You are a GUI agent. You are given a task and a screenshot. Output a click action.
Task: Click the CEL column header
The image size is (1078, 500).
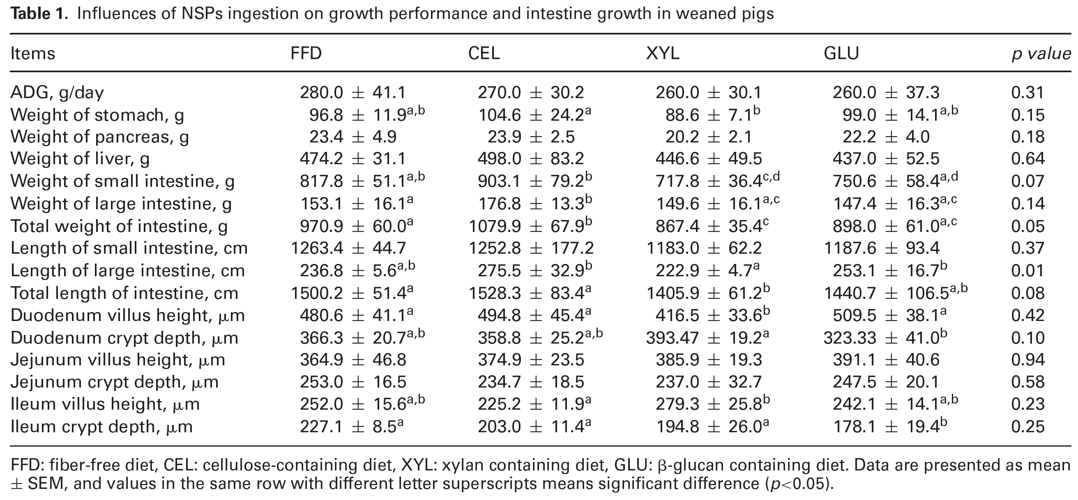point(484,53)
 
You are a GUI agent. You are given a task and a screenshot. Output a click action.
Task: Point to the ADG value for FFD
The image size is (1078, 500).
point(352,92)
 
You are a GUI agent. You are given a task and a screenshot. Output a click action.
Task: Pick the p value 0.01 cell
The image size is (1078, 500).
point(1027,271)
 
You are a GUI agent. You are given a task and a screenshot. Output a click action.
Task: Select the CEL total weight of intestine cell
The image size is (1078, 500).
point(530,226)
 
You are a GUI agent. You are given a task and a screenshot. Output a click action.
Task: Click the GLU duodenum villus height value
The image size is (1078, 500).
point(889,315)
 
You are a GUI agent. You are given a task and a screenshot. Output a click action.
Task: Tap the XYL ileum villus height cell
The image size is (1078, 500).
point(712,404)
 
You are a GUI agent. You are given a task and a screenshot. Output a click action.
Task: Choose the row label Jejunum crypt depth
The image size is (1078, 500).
point(114,382)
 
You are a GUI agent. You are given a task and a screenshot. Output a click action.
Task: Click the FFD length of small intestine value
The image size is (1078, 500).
point(348,248)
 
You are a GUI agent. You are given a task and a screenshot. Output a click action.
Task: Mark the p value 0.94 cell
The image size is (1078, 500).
point(1027,360)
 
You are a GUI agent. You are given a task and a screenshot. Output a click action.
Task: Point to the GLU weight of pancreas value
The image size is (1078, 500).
point(881,137)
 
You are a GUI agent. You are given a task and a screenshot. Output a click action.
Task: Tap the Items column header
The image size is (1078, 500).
point(32,54)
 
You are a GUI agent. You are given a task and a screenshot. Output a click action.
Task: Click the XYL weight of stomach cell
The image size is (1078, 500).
point(712,115)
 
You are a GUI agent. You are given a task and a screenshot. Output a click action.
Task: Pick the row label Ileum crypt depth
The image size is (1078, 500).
point(101,427)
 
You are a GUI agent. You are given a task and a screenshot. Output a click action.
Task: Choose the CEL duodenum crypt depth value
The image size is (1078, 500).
point(540,338)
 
